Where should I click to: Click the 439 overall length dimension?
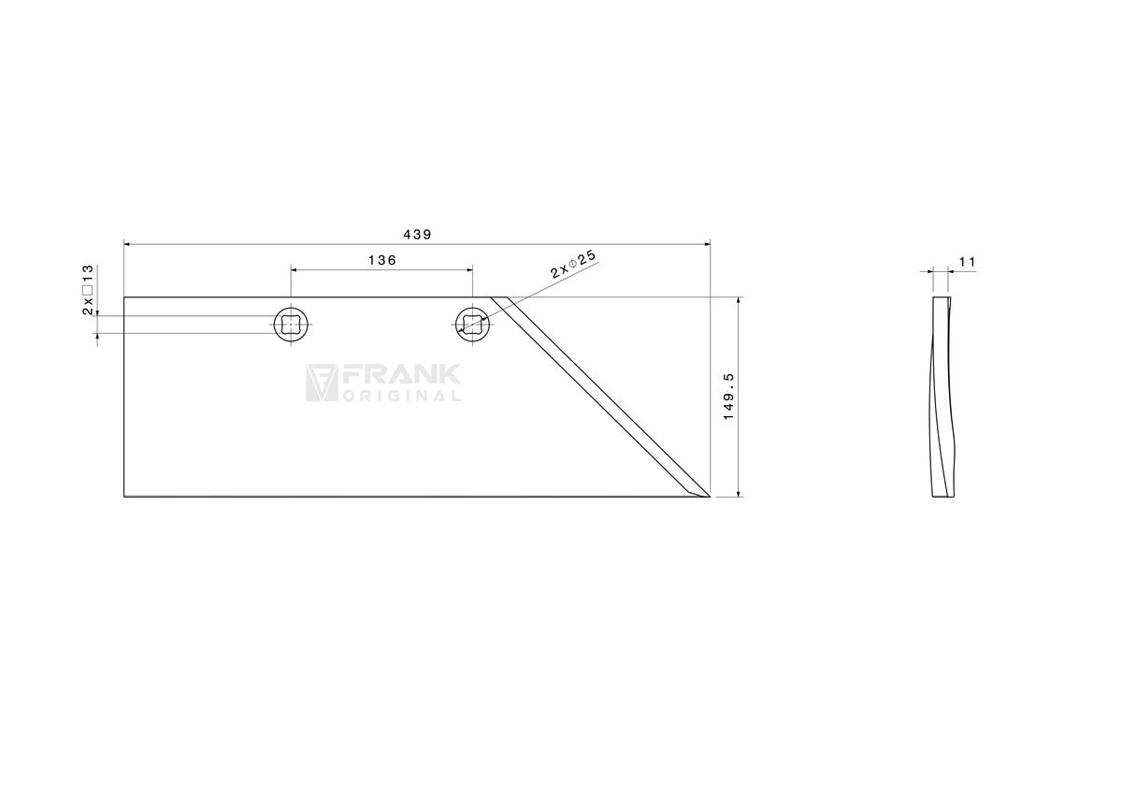pos(417,235)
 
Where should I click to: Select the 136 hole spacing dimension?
pos(382,261)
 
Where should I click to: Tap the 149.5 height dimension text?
pos(728,397)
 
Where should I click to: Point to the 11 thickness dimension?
pos(967,262)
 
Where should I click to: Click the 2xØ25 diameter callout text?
pos(573,264)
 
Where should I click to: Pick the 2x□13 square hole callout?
pos(88,290)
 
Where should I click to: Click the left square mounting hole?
pos(291,325)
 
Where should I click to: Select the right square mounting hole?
pos(472,325)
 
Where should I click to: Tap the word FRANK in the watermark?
pos(401,375)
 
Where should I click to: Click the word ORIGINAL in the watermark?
pos(402,397)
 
